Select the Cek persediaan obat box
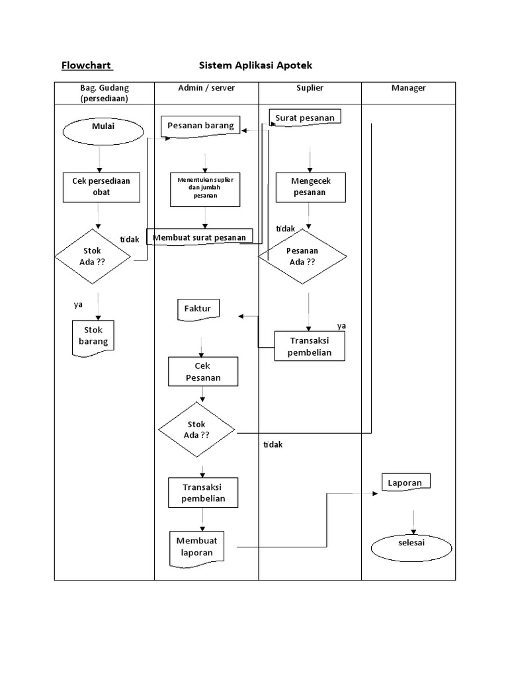tap(101, 186)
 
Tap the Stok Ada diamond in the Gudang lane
tap(92, 256)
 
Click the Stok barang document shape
tap(93, 337)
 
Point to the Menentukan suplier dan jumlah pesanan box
tap(205, 187)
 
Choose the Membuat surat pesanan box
tap(200, 237)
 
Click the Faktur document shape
tap(198, 309)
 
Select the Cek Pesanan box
tap(202, 372)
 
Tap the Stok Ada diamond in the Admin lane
tap(196, 430)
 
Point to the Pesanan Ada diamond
tap(302, 257)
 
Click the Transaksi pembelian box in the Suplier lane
tap(310, 346)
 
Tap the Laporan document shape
tap(405, 483)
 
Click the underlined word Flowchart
tap(87, 65)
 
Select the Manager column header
tap(408, 88)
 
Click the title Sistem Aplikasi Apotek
tap(255, 65)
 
